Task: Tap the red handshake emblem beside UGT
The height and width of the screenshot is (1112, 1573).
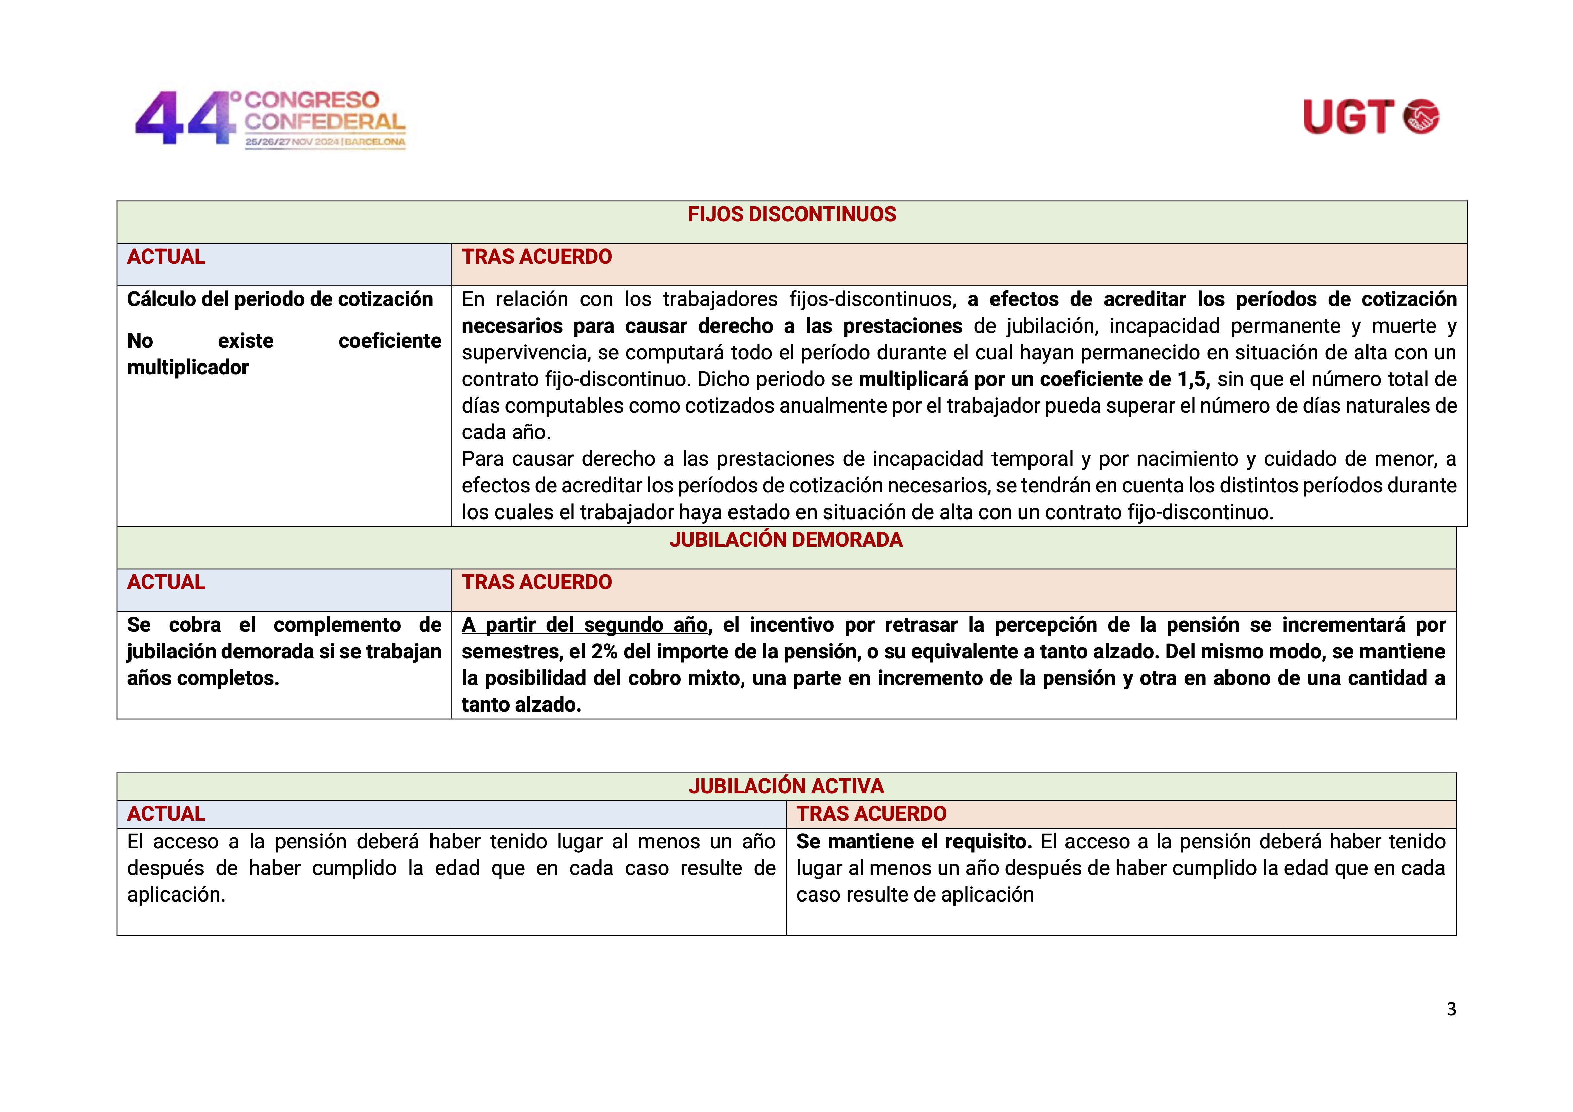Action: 1422,117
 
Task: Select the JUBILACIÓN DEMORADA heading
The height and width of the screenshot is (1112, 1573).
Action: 786,540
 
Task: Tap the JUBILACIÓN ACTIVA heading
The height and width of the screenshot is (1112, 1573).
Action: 786,786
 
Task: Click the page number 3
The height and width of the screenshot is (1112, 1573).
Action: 1451,1008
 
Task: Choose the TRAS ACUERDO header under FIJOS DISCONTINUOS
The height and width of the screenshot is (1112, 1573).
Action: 536,257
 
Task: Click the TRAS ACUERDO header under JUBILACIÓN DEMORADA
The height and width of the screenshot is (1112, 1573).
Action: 536,582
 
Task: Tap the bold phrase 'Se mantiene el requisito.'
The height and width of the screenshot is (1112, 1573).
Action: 913,841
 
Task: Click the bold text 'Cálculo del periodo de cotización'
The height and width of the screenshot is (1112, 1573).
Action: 279,299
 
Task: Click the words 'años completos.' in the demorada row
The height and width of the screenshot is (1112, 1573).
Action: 203,678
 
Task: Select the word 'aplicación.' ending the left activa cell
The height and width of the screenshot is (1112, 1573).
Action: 176,895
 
